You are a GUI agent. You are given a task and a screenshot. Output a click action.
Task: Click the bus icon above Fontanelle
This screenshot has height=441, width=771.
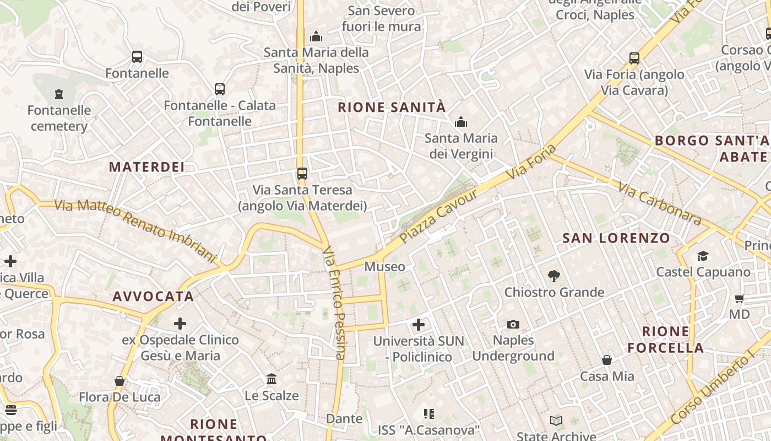coord(137,57)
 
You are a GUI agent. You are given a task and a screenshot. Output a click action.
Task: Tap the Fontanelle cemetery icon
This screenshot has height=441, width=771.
coord(59,94)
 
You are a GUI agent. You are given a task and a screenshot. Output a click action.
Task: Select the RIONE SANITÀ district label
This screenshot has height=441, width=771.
coord(391,107)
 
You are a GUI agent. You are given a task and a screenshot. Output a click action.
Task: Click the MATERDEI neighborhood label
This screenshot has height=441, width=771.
coord(146,167)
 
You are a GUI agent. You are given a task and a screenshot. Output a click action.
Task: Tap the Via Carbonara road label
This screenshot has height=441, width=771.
coord(660,203)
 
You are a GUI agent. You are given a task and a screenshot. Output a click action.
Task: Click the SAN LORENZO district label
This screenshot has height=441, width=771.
coord(616,239)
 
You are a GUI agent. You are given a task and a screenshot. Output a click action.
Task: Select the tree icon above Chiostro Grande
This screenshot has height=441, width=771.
coord(554,276)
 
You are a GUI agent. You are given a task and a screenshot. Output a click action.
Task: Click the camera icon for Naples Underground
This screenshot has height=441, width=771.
coord(513,324)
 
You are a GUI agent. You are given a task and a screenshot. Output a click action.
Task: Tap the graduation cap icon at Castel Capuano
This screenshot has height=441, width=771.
coord(703,256)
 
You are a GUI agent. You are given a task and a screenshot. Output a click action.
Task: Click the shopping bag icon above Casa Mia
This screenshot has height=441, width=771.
coord(607,360)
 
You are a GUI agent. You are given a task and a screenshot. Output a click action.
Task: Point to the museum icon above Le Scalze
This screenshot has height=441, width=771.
coord(272,379)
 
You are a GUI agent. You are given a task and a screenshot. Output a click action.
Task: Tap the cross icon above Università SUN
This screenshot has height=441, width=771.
coord(419,325)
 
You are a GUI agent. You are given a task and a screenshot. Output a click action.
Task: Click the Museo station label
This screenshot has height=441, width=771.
coord(385,267)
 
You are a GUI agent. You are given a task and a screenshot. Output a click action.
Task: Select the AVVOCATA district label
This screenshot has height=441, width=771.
coord(153,297)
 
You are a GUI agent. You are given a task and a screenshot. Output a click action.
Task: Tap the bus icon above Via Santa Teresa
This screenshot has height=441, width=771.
coord(302,174)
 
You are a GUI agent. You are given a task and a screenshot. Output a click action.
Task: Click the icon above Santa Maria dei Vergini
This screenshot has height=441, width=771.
coord(460,122)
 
